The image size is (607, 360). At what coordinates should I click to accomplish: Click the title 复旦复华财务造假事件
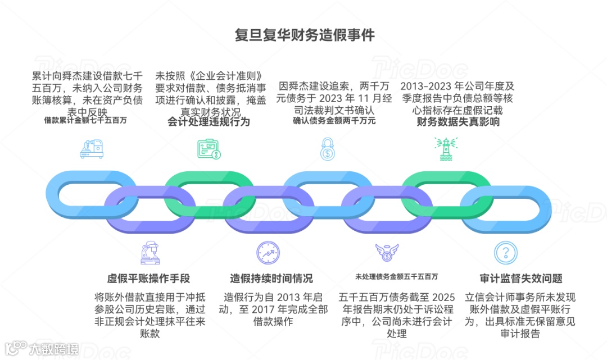304,35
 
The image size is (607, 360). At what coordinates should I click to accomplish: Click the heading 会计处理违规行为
209,121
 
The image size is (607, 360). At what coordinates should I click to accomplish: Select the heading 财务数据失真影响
458,121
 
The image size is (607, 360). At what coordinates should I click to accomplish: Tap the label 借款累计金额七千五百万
85,120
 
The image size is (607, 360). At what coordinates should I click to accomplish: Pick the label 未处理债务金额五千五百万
397,276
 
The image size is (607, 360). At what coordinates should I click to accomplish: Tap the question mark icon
504,251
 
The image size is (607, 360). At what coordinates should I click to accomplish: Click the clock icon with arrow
267,252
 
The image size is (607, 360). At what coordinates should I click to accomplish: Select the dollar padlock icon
328,149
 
